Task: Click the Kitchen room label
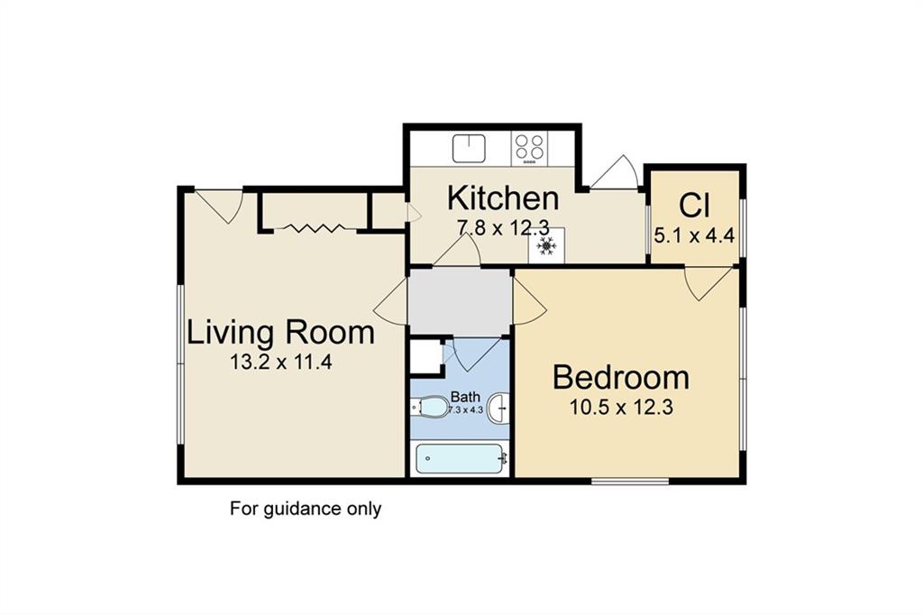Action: tap(503, 197)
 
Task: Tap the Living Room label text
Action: tap(281, 332)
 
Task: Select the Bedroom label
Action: tap(621, 378)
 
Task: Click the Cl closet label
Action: tap(695, 205)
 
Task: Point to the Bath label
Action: tap(465, 397)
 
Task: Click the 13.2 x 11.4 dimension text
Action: tap(281, 362)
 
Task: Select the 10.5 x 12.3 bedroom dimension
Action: tap(621, 407)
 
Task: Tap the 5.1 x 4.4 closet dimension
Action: tap(695, 236)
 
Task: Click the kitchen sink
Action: tap(469, 149)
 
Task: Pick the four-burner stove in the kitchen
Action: tap(529, 148)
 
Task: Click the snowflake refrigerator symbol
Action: tap(547, 245)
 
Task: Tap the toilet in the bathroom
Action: tap(429, 407)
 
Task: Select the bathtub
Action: tap(461, 459)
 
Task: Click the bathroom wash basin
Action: tap(498, 407)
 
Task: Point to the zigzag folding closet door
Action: tap(312, 228)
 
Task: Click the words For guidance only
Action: tap(306, 509)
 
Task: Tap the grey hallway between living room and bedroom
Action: tap(460, 302)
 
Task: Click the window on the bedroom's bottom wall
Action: tap(630, 482)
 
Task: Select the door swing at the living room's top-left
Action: tap(219, 206)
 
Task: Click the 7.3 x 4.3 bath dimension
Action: tap(466, 410)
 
